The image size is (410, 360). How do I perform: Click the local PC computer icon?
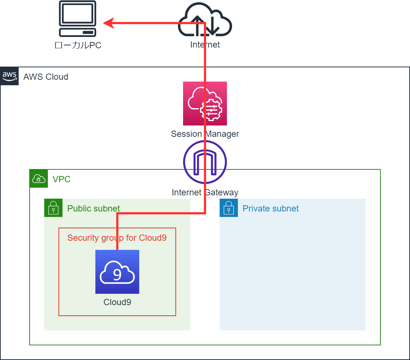[77, 19]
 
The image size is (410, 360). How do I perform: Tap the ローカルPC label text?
[78, 45]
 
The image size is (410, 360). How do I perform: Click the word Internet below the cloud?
[205, 45]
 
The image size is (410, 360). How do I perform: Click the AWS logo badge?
[10, 76]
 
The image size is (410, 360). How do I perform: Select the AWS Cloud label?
[46, 77]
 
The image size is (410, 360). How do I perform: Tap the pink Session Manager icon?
[205, 104]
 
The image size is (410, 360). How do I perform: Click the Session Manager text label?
[205, 134]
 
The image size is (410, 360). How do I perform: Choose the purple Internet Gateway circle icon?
[205, 162]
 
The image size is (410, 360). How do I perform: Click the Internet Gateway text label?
[205, 192]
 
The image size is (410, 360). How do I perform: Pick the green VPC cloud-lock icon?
[39, 179]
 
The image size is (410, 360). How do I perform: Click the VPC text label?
[61, 179]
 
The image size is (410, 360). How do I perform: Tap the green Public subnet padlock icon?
[53, 208]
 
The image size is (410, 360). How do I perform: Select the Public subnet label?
[94, 209]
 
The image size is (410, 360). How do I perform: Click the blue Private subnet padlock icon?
[229, 208]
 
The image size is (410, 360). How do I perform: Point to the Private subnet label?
[270, 209]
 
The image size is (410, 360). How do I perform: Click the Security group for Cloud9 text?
[117, 238]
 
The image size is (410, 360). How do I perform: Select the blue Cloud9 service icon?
[117, 272]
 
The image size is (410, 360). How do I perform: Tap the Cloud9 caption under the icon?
[117, 302]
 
